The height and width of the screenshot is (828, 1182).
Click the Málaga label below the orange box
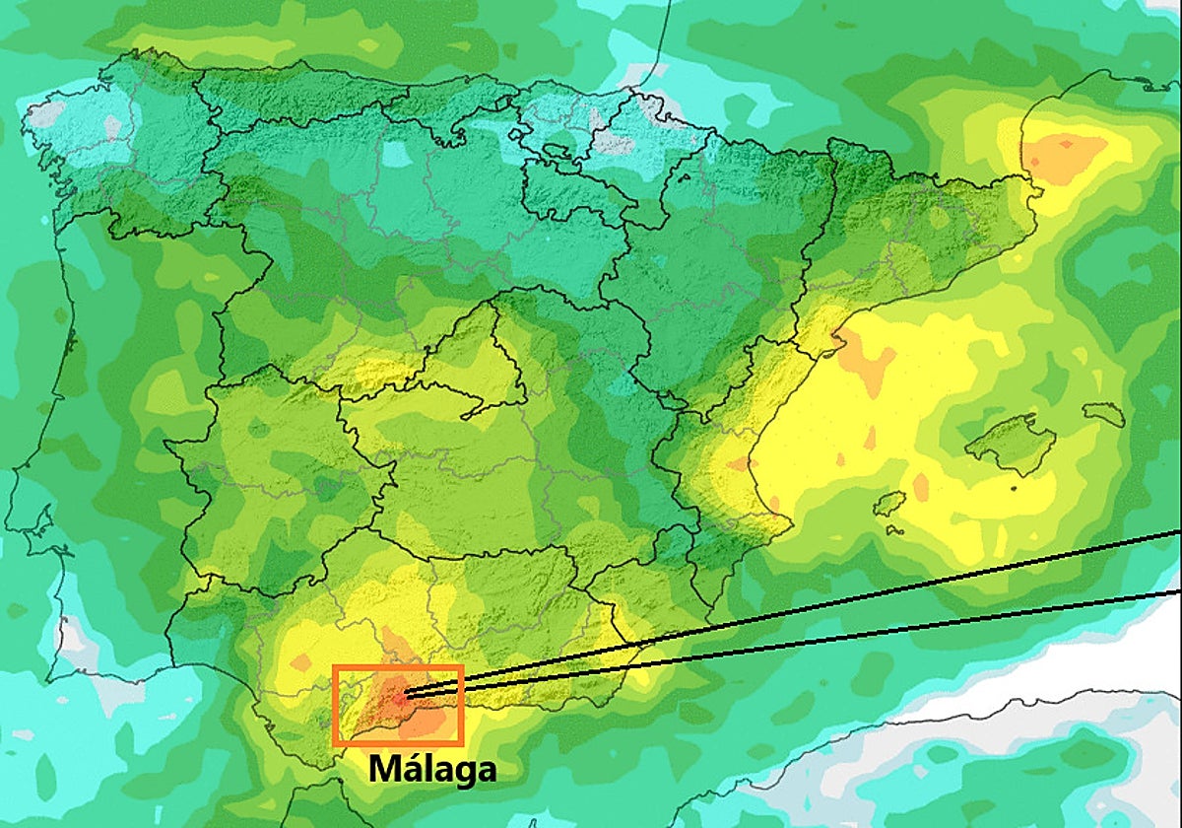click(x=432, y=769)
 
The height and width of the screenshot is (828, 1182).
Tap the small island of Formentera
click(x=893, y=530)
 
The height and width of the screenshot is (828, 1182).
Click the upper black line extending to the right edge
click(x=886, y=593)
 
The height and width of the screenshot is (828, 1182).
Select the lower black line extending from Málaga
click(x=886, y=631)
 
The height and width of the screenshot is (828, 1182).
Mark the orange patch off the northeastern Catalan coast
click(x=1064, y=153)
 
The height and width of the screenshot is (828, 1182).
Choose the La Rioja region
click(x=571, y=192)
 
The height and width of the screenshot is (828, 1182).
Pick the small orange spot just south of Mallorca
click(x=921, y=486)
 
